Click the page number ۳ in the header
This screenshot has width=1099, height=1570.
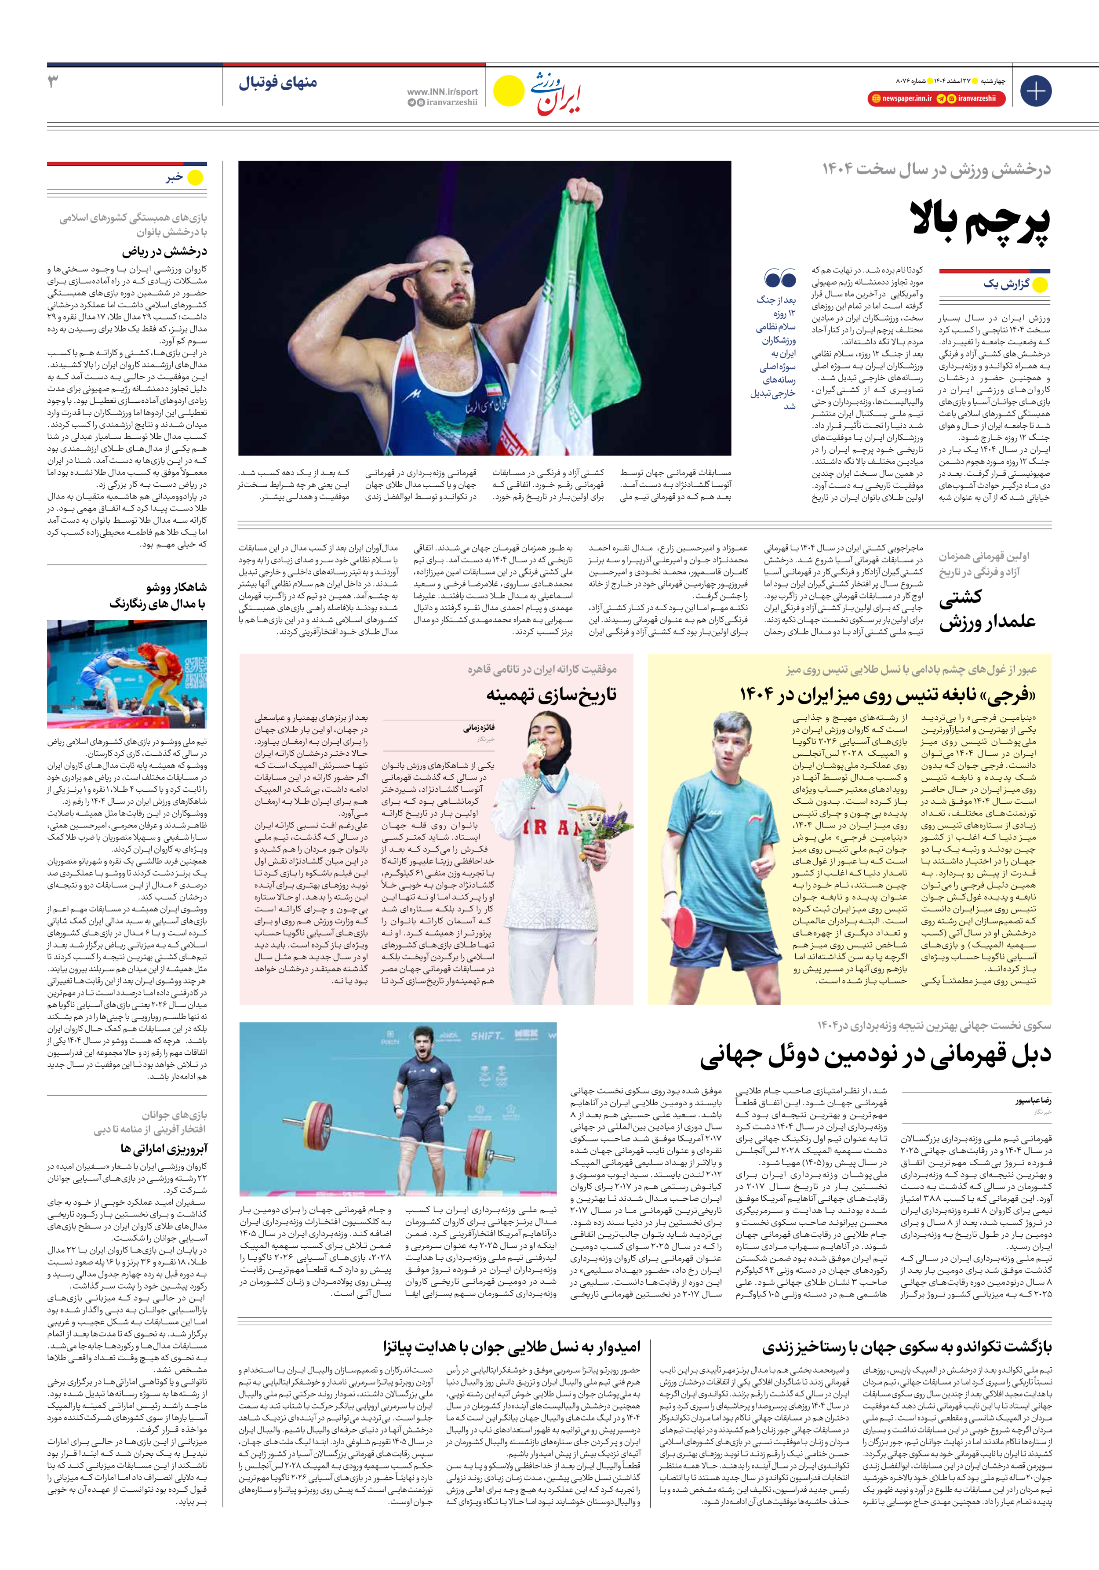click(53, 82)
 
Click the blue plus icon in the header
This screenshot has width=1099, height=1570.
click(1035, 91)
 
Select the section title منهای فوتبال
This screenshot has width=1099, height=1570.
click(278, 83)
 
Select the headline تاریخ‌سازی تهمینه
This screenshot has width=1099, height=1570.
click(551, 695)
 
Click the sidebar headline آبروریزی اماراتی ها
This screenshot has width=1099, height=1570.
click(164, 1148)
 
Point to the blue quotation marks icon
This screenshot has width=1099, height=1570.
click(780, 278)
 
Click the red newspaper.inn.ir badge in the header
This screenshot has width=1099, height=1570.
click(900, 98)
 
